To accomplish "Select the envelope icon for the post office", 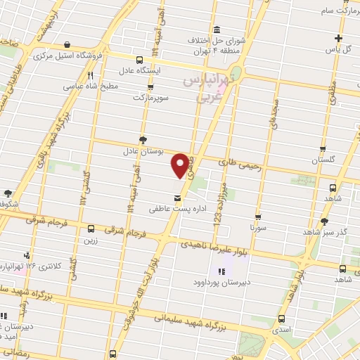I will [176, 198].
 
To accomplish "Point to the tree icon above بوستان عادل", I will [143, 139].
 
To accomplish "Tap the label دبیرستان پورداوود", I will [224, 283].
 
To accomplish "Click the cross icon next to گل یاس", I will [338, 38].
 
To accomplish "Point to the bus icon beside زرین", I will [91, 229].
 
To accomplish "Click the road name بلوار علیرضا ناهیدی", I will [214, 245].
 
